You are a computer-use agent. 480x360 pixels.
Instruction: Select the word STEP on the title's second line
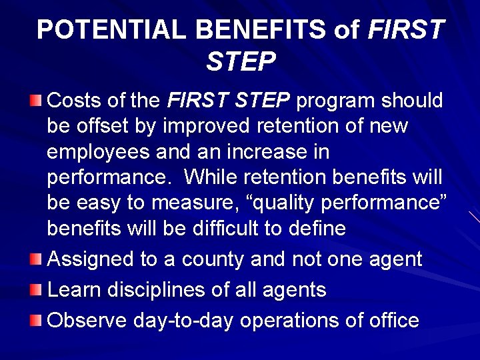tap(241, 61)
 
